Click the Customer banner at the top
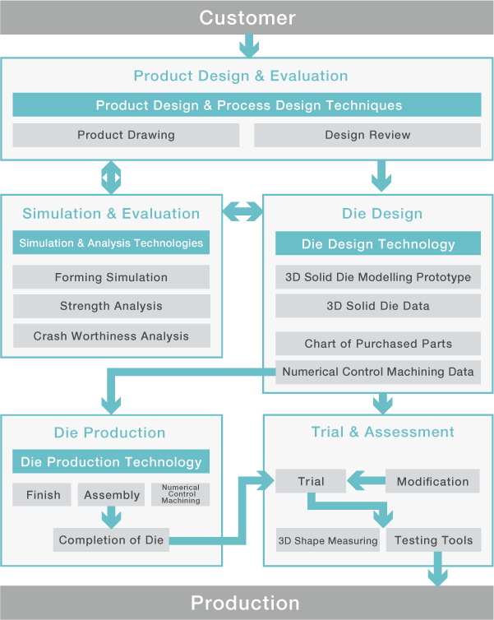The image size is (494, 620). (x=247, y=17)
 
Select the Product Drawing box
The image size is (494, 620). (x=126, y=135)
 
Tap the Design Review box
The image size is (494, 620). (x=367, y=135)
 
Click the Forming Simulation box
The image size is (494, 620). (x=111, y=277)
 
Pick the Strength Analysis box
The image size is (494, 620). (x=112, y=306)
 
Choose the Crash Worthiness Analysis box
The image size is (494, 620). (x=112, y=335)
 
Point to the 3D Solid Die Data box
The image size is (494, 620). (x=378, y=306)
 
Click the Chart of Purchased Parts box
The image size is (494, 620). (x=378, y=343)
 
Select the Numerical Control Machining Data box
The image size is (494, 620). (x=378, y=372)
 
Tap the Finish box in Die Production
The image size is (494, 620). (x=42, y=495)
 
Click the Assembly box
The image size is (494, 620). (x=112, y=495)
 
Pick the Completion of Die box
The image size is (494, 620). (x=111, y=539)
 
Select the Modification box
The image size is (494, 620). (x=432, y=481)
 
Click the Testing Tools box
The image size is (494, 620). (x=433, y=539)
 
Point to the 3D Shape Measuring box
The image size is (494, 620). (x=328, y=539)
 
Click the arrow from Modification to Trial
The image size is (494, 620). (x=366, y=480)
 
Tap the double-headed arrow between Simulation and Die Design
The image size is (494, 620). (x=242, y=211)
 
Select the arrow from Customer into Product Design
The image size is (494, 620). (x=249, y=46)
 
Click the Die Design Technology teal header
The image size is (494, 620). (x=378, y=243)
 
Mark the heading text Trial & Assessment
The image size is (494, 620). (x=382, y=432)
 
